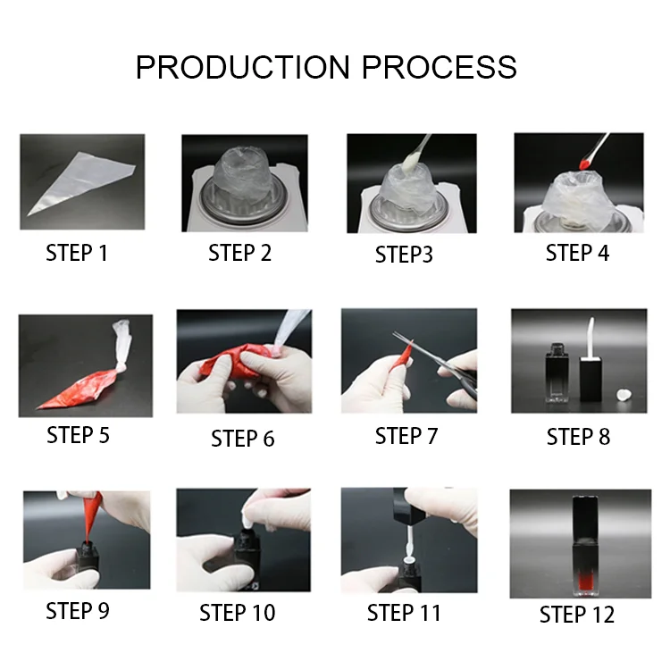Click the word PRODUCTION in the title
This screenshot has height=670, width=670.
tap(243, 67)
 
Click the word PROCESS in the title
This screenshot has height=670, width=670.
tap(440, 67)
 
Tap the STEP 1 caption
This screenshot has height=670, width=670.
tap(77, 253)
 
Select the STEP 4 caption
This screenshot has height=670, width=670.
tap(577, 253)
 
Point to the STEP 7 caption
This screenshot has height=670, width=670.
tap(406, 436)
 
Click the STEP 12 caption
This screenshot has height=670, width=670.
tap(577, 615)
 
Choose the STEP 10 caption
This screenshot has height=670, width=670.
tap(237, 613)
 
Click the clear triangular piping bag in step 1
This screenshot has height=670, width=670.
tap(81, 183)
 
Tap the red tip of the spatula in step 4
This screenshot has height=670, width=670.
tap(584, 163)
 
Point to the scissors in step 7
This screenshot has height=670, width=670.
tap(440, 364)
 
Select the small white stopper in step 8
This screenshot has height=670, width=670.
tap(624, 395)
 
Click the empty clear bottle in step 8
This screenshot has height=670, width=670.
tap(557, 373)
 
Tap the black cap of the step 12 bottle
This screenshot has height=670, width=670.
tap(584, 518)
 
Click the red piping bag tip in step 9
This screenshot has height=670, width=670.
tap(92, 516)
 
